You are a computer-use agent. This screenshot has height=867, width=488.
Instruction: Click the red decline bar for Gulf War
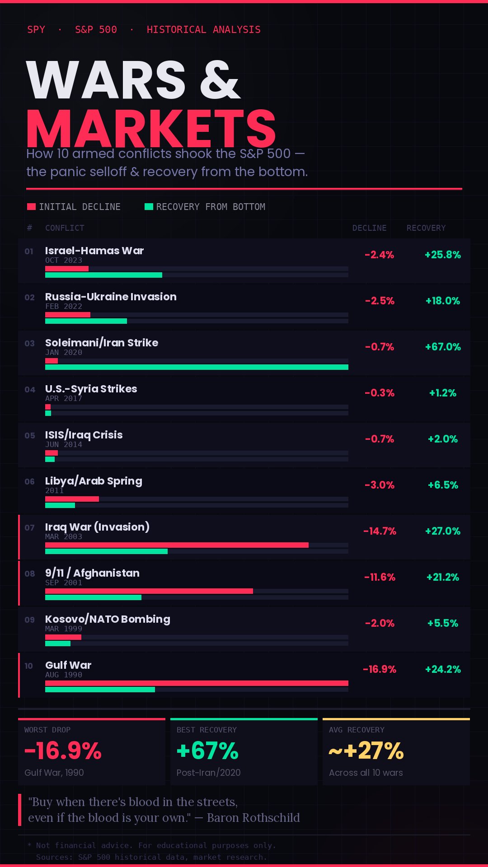click(x=197, y=683)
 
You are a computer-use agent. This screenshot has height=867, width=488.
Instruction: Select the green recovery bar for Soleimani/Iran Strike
click(x=197, y=367)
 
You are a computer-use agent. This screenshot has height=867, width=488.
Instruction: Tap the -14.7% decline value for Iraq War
click(x=380, y=531)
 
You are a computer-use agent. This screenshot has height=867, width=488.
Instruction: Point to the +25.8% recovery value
click(x=443, y=255)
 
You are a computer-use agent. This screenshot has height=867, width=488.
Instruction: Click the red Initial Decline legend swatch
click(x=31, y=207)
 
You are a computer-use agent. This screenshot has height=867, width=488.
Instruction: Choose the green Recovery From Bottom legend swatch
click(x=149, y=207)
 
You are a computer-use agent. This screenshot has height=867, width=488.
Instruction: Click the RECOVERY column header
click(x=426, y=228)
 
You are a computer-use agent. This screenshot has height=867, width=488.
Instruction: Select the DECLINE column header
click(x=370, y=228)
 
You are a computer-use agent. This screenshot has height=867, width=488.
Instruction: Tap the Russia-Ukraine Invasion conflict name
click(x=111, y=297)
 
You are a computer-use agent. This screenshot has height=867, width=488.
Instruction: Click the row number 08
click(x=30, y=573)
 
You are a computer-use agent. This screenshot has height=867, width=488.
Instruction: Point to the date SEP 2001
click(x=64, y=583)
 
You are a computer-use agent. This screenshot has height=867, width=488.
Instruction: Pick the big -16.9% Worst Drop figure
click(x=63, y=750)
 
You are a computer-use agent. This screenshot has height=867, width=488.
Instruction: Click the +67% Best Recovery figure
click(x=207, y=750)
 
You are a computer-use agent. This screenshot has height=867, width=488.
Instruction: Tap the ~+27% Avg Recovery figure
click(x=366, y=750)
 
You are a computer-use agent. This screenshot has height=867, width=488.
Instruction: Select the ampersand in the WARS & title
click(x=220, y=80)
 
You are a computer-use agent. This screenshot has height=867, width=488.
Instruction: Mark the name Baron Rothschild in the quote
click(x=253, y=818)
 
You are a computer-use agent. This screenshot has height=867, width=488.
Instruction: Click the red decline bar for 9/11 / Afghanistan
click(x=149, y=591)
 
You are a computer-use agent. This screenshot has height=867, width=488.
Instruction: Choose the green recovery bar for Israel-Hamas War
click(x=103, y=275)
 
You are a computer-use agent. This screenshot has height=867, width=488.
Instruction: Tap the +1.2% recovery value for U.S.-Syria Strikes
click(x=443, y=393)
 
